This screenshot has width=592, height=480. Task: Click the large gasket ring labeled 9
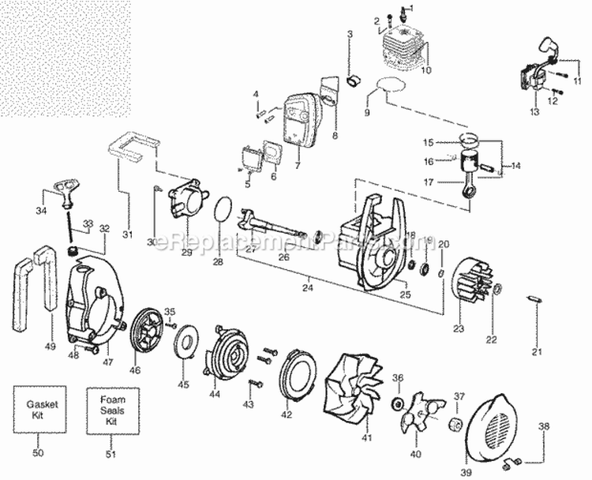pyautogui.click(x=395, y=88)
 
